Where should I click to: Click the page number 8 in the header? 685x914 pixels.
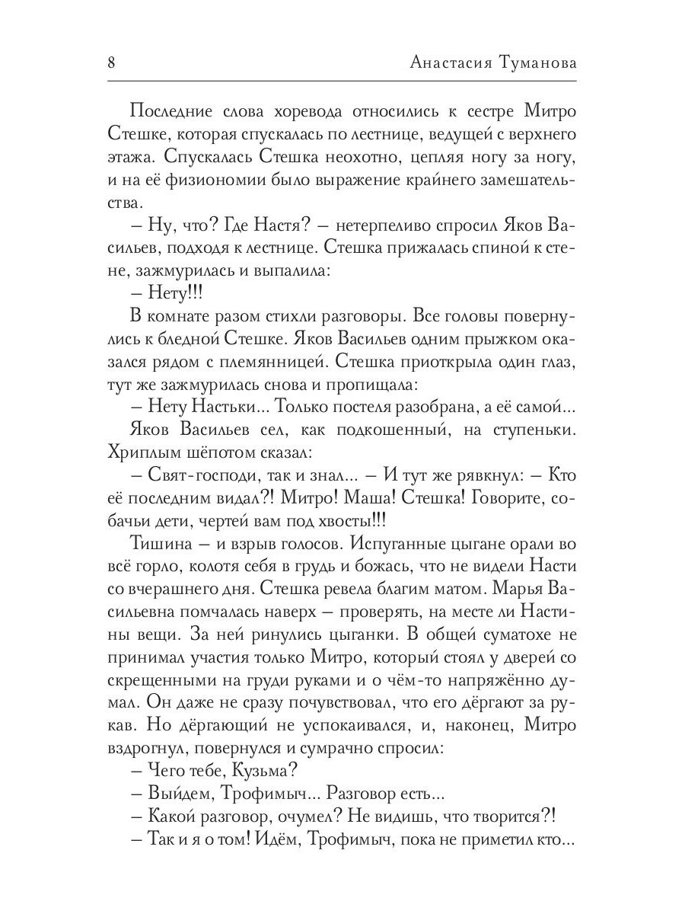pos(112,63)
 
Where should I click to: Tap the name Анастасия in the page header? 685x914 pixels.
pos(451,64)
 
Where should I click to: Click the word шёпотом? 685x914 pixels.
pos(201,452)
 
